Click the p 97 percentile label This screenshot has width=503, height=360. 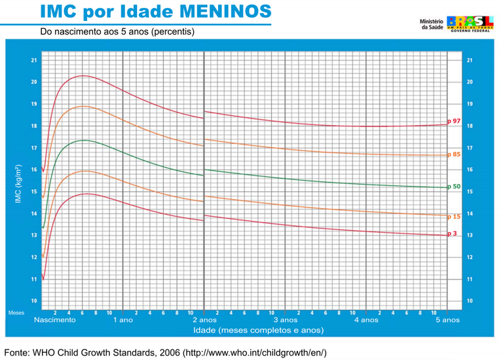455,121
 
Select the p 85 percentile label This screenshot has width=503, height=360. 455,154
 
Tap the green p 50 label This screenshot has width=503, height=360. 455,187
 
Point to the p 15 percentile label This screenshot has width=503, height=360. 455,216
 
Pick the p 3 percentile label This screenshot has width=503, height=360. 453,234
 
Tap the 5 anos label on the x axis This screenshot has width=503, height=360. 447,320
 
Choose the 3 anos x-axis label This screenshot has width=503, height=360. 285,320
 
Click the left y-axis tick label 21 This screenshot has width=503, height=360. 33,61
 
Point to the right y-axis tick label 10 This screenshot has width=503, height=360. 470,301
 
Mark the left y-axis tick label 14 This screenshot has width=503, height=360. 33,213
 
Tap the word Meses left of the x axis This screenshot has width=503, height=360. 16,313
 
